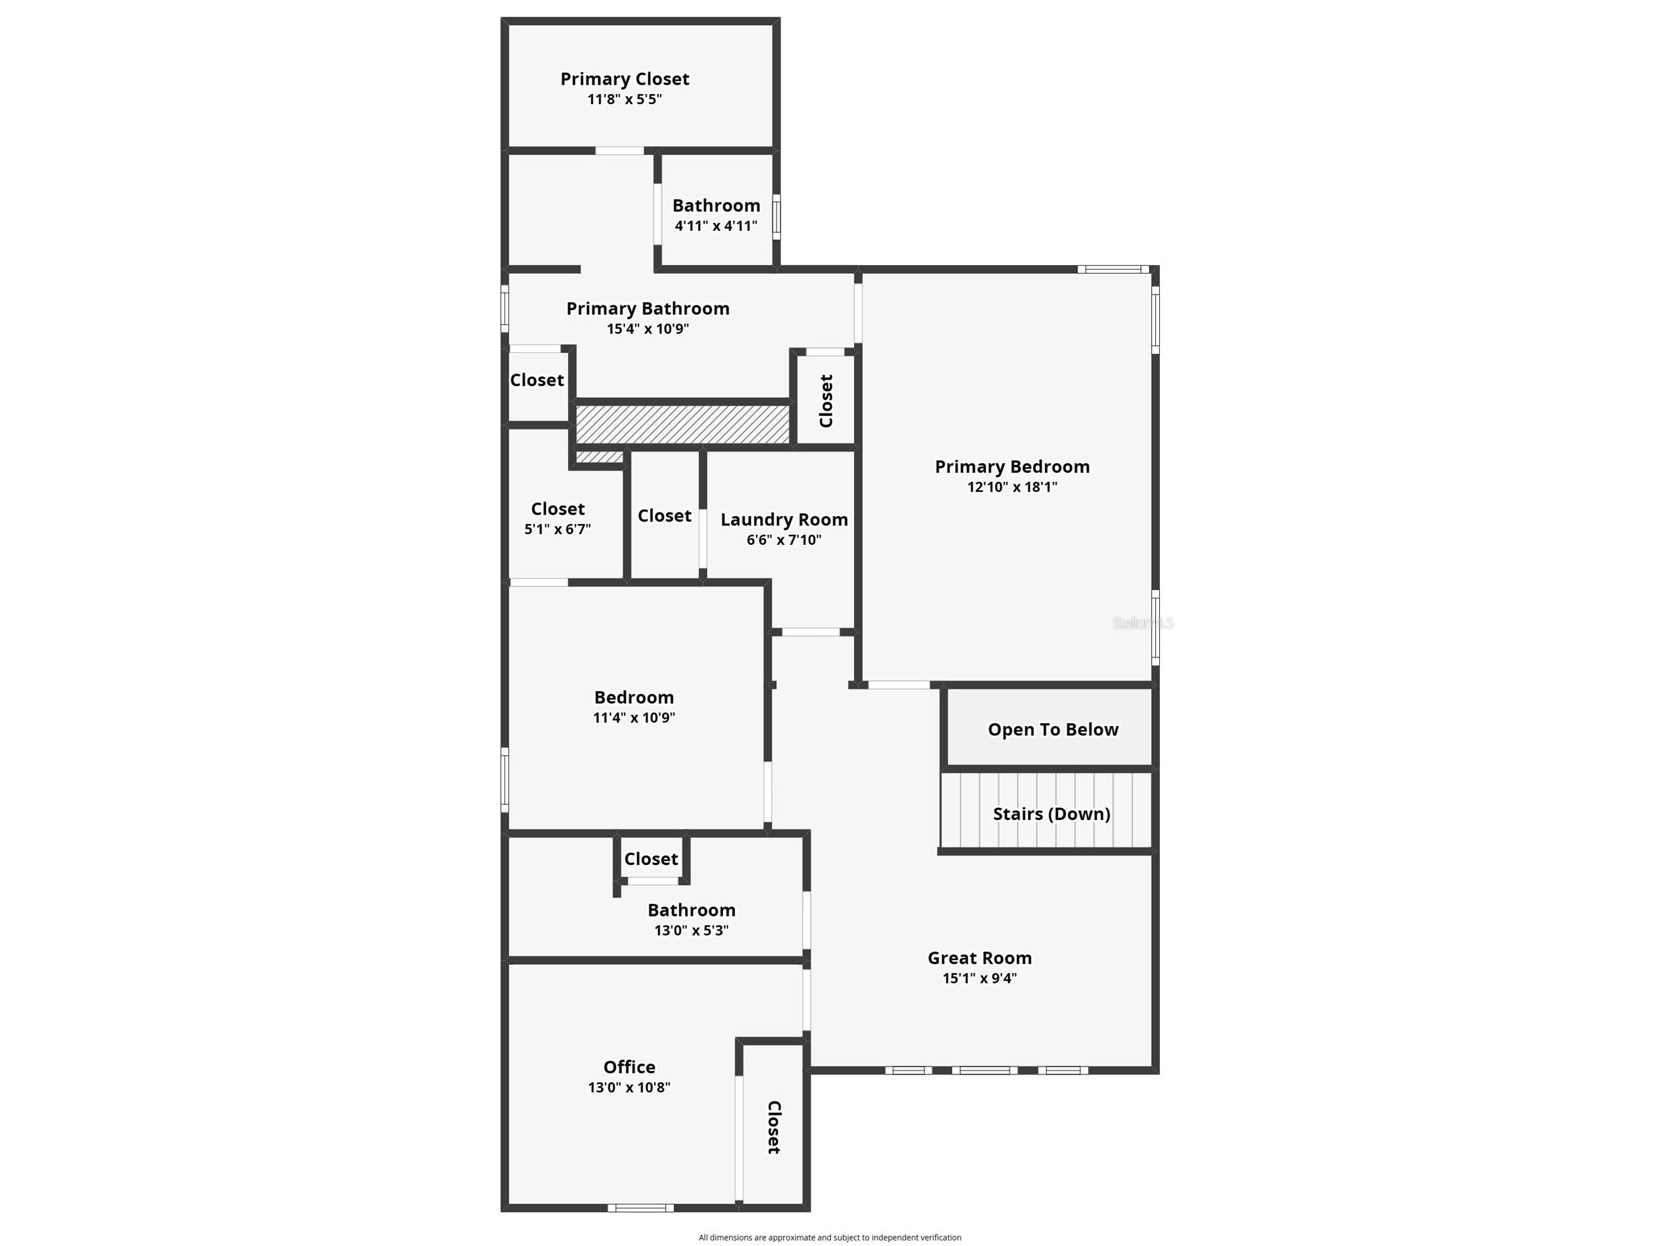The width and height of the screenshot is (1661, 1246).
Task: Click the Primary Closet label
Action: coord(624,79)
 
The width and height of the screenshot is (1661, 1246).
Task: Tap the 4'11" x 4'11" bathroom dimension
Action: coord(716,226)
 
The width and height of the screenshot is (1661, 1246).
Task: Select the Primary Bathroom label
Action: coord(647,309)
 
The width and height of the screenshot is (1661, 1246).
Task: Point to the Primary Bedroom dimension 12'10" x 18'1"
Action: coord(1012,486)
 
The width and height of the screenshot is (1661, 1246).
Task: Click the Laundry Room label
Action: coord(784,520)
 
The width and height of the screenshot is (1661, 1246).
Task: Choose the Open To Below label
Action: coord(1053,729)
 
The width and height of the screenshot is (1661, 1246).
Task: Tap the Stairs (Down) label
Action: coord(1051,813)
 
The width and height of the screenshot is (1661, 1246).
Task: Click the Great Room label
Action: coord(979,957)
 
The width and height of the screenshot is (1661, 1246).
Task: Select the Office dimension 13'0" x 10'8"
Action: coord(629,1087)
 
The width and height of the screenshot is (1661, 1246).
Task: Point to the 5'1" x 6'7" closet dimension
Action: coord(557,529)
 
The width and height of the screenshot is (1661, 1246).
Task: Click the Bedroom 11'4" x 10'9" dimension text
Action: coord(634,717)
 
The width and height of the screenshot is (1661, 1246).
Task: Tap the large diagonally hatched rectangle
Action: coord(682,424)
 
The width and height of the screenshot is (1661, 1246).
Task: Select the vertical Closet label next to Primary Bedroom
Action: coord(826,401)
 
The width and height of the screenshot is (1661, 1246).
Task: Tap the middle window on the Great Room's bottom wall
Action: coord(984,1070)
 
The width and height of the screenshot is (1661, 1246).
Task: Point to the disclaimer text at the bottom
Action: coord(830,1237)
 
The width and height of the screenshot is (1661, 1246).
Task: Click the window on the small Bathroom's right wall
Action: coord(776,217)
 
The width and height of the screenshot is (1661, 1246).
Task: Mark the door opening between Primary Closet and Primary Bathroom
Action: coord(619,151)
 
